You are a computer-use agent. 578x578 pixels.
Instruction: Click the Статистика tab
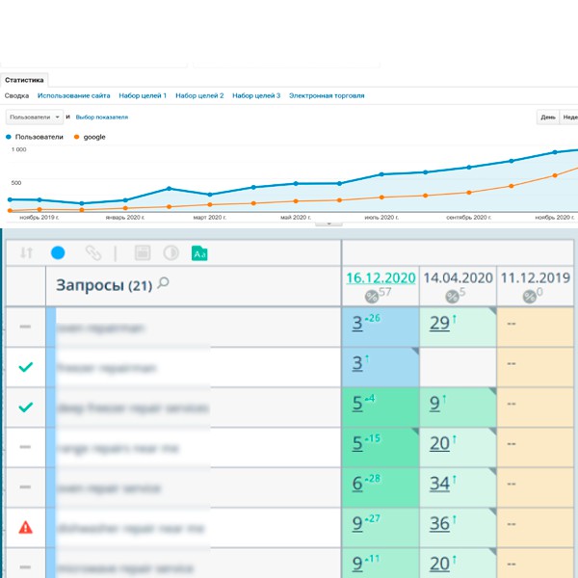[x=24, y=81]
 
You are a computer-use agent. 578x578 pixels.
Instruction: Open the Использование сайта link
[x=73, y=96]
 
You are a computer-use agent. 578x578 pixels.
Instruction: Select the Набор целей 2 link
[x=199, y=96]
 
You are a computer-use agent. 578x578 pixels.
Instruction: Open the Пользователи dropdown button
[x=35, y=118]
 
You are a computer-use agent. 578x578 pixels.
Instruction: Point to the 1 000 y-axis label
[x=19, y=150]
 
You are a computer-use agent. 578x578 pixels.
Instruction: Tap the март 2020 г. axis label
[x=209, y=218]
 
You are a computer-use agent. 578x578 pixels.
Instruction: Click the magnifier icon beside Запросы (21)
[x=163, y=283]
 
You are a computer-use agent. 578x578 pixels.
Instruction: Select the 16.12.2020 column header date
[x=381, y=277]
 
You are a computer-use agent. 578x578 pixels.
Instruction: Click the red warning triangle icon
[x=26, y=527]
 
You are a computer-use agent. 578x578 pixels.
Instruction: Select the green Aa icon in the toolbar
[x=200, y=253]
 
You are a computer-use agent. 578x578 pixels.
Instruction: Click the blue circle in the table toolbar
[x=58, y=253]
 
